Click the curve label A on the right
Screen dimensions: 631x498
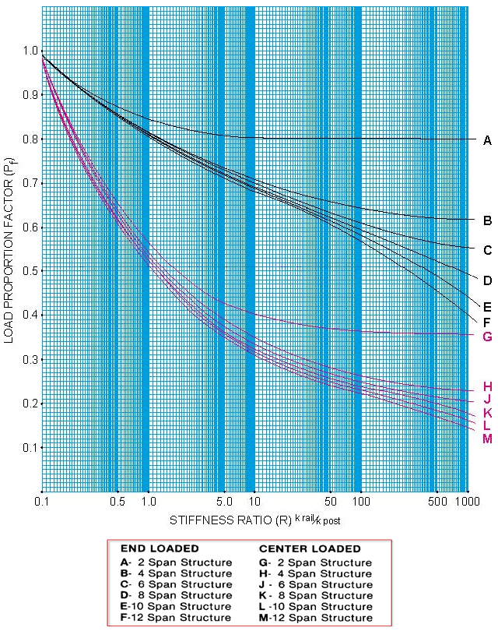pos(487,140)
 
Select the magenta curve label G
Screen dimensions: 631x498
pos(487,337)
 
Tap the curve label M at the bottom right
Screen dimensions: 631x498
pos(487,439)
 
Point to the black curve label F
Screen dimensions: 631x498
pos(487,321)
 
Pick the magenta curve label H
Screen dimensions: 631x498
pos(487,386)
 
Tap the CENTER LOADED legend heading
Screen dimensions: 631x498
pos(309,548)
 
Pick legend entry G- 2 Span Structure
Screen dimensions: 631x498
pos(314,562)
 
